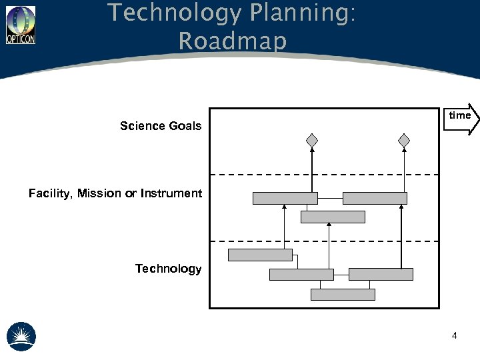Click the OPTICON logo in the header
point(21,25)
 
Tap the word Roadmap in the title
point(232,41)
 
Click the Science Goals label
point(161,126)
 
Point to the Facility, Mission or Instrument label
point(115,193)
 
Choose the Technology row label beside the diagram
point(168,269)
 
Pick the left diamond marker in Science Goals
point(311,141)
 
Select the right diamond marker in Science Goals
point(403,141)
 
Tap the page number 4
point(454,335)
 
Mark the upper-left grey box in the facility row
point(285,198)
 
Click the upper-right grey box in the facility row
point(375,198)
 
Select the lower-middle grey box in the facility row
point(333,217)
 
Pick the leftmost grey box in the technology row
point(260,255)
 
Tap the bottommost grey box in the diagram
point(343,294)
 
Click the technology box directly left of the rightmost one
point(301,274)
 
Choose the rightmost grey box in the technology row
point(381,274)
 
